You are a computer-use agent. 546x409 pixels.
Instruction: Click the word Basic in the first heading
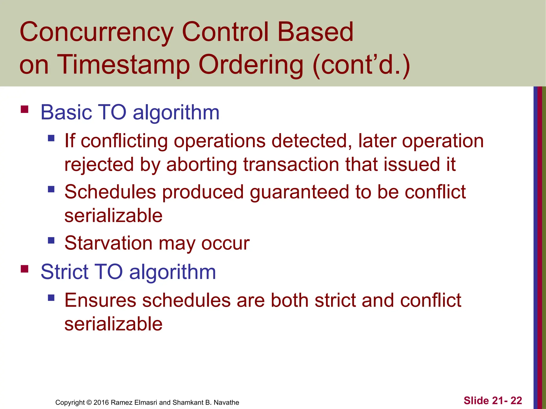66,112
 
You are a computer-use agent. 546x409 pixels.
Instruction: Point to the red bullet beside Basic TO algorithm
25,109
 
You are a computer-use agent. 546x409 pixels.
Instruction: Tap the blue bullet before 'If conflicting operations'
51,138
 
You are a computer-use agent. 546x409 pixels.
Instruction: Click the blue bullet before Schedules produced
51,189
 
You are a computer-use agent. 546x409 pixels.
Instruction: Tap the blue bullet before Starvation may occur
51,240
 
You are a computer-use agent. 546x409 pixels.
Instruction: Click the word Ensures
100,300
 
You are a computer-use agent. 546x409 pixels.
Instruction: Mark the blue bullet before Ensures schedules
51,297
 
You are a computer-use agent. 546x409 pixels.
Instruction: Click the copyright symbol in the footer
89,402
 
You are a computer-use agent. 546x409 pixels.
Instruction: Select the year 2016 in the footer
101,402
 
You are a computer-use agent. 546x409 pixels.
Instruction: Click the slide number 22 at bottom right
516,400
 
